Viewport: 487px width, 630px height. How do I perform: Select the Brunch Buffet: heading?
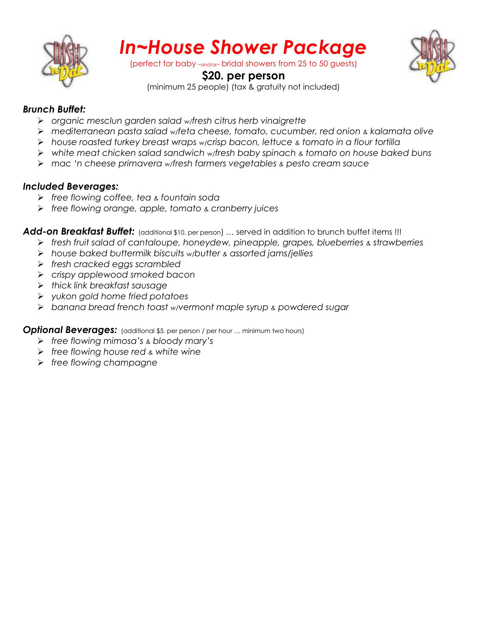coord(54,109)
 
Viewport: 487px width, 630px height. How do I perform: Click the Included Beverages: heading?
coord(71,186)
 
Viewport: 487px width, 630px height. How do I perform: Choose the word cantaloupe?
coord(152,242)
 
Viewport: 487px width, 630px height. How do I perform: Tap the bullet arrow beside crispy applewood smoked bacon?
coord(41,275)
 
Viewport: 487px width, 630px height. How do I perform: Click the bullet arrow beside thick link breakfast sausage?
coord(41,285)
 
